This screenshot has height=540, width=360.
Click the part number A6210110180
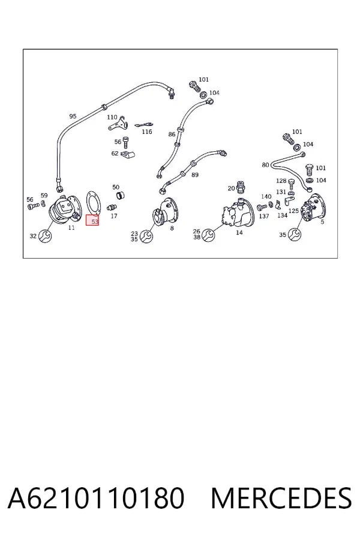tap(96, 497)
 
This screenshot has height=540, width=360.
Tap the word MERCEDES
tap(281, 497)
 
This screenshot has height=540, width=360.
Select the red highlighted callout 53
tap(92, 220)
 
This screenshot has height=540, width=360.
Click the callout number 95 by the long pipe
tap(73, 116)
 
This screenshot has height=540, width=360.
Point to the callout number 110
tap(112, 117)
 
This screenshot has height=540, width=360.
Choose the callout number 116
tap(147, 131)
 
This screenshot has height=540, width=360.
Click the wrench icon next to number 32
tap(45, 236)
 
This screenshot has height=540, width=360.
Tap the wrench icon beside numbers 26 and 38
tap(208, 235)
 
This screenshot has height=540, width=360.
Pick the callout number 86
tap(172, 134)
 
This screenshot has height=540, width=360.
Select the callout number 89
tap(195, 175)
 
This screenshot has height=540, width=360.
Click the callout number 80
tap(265, 165)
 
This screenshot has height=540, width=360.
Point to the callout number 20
tap(231, 188)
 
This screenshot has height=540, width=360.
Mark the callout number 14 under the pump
tap(239, 232)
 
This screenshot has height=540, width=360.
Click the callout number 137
tap(264, 216)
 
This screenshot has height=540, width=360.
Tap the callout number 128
tap(281, 181)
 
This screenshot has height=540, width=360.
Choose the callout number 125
tap(293, 211)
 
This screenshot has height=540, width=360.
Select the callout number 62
tap(115, 153)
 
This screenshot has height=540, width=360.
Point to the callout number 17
tap(113, 216)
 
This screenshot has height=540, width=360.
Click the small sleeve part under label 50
tap(119, 196)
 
